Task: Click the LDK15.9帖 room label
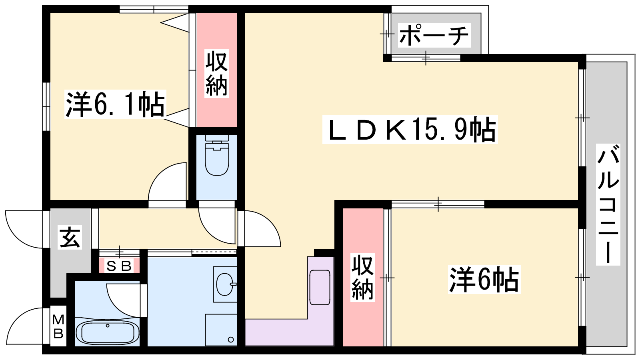point(410,129)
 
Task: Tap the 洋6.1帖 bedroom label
point(115,104)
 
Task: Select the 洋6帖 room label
point(484,280)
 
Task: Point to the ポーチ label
point(434,36)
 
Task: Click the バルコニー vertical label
point(608,204)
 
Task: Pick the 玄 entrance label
point(70,238)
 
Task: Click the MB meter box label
point(58,326)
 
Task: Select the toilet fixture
point(217,156)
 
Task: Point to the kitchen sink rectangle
point(320,288)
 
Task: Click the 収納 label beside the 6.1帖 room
point(217,74)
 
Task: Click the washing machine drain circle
point(231,340)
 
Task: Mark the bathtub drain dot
point(108,326)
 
